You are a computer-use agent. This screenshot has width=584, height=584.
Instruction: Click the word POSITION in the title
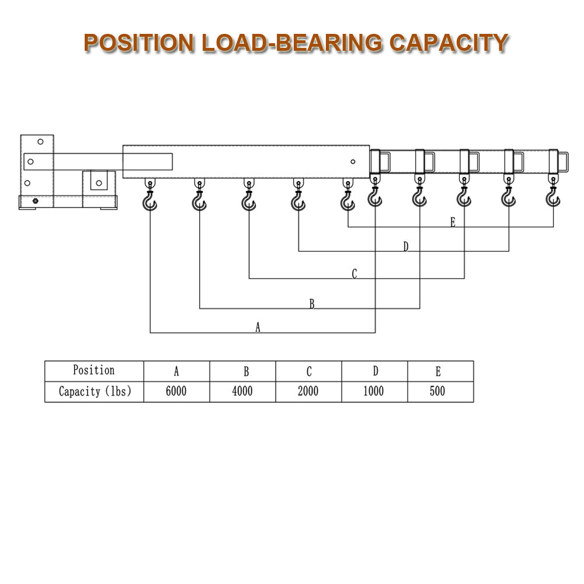pyautogui.click(x=139, y=43)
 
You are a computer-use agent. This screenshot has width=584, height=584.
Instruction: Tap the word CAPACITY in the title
pyautogui.click(x=449, y=43)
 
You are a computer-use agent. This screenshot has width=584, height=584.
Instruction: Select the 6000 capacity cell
pyautogui.click(x=176, y=392)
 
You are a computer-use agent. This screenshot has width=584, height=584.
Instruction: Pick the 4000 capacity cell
pyautogui.click(x=242, y=392)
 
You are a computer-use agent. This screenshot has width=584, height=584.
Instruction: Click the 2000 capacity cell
pyautogui.click(x=308, y=392)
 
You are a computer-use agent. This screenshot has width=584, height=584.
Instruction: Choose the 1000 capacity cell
pyautogui.click(x=374, y=392)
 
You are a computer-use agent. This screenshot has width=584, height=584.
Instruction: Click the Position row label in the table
pyautogui.click(x=93, y=370)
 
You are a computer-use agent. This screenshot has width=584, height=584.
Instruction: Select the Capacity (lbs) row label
pyautogui.click(x=94, y=392)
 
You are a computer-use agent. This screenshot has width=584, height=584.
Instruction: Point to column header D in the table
pyautogui.click(x=375, y=371)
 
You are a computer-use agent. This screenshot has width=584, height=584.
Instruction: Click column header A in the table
pyautogui.click(x=176, y=371)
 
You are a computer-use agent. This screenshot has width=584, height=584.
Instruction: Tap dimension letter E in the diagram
pyautogui.click(x=453, y=222)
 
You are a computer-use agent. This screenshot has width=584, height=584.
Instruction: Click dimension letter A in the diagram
pyautogui.click(x=258, y=328)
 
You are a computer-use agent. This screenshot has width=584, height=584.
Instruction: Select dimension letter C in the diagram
pyautogui.click(x=354, y=274)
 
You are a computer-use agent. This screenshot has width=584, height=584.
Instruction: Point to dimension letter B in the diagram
pyautogui.click(x=312, y=304)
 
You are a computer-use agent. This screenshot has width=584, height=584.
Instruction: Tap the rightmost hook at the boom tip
pyautogui.click(x=552, y=199)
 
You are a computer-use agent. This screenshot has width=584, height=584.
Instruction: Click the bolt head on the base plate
pyautogui.click(x=35, y=201)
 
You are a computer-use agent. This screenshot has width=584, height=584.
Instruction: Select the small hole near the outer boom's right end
pyautogui.click(x=353, y=162)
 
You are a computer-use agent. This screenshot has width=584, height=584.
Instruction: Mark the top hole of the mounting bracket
pyautogui.click(x=40, y=141)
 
